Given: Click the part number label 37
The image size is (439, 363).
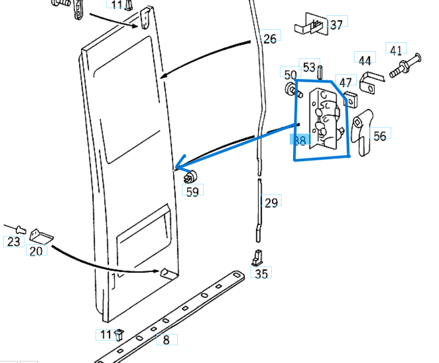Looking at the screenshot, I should point(336,24).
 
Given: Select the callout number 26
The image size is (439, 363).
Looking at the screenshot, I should point(270,38).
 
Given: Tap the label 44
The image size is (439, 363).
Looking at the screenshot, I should point(364,60).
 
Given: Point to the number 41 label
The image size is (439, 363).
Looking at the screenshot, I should point(396,50).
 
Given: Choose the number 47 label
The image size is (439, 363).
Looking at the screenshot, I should point(346,82).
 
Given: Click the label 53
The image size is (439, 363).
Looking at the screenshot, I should point(309,67).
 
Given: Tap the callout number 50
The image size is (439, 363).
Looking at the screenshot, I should point(290,75).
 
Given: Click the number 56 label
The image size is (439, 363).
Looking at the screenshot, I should point(380,136).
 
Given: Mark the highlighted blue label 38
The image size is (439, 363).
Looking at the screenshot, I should point(300,141).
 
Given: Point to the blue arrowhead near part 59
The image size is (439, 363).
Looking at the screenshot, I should point(179,167).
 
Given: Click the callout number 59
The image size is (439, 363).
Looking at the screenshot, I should point(193,192).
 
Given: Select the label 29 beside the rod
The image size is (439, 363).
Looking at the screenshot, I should point(271,203).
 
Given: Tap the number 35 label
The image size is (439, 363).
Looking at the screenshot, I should point(261,274).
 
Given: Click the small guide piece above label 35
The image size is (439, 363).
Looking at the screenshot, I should point(257,258).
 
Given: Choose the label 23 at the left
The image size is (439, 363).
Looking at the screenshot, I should point(14,242).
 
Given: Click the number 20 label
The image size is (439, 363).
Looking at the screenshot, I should point(36,251).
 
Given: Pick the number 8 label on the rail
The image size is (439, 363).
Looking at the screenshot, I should point(166,340).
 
